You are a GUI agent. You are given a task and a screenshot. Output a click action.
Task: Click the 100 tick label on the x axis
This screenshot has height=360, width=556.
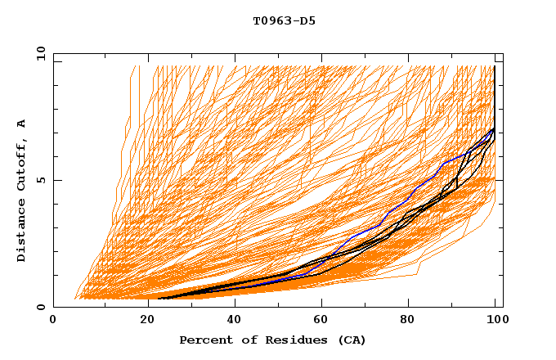pyautogui.click(x=496, y=321)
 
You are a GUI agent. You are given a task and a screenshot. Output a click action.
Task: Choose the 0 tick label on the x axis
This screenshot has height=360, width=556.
pyautogui.click(x=53, y=321)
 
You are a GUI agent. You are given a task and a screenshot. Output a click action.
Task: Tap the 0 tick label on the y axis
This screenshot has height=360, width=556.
pyautogui.click(x=40, y=308)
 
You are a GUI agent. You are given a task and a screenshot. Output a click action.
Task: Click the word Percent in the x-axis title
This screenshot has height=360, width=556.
pyautogui.click(x=205, y=340)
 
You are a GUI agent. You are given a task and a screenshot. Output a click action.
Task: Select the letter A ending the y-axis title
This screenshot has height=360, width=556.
pyautogui.click(x=22, y=123)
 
